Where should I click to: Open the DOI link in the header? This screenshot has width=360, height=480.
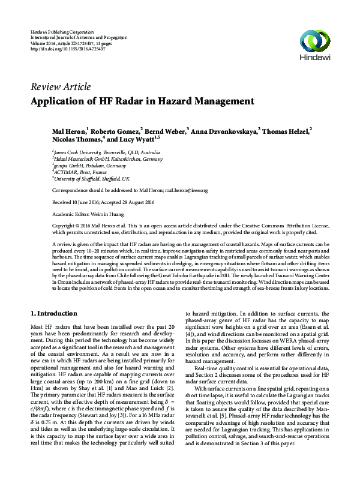click(x=67, y=49)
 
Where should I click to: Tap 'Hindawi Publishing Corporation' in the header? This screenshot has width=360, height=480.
click(x=62, y=31)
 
